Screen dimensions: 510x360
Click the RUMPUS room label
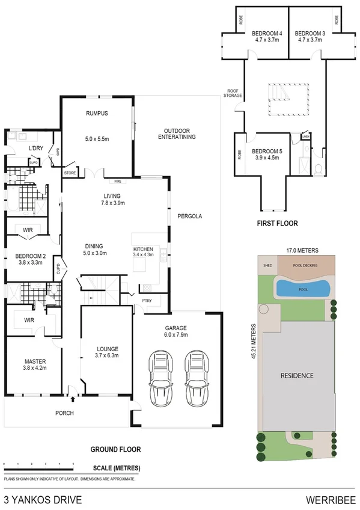(96, 112)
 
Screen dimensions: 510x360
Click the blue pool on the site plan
(302, 289)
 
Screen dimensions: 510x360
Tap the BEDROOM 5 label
(266, 151)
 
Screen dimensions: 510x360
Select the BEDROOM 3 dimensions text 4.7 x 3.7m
(310, 40)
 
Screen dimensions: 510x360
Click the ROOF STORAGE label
(234, 93)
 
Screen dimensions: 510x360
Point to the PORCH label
(64, 413)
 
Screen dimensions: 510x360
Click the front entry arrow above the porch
(72, 398)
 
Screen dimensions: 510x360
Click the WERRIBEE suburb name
(329, 499)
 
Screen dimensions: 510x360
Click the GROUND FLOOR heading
(115, 449)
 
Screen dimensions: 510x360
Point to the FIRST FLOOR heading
(278, 223)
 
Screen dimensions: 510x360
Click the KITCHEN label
(144, 248)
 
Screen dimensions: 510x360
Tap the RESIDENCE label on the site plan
(297, 375)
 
